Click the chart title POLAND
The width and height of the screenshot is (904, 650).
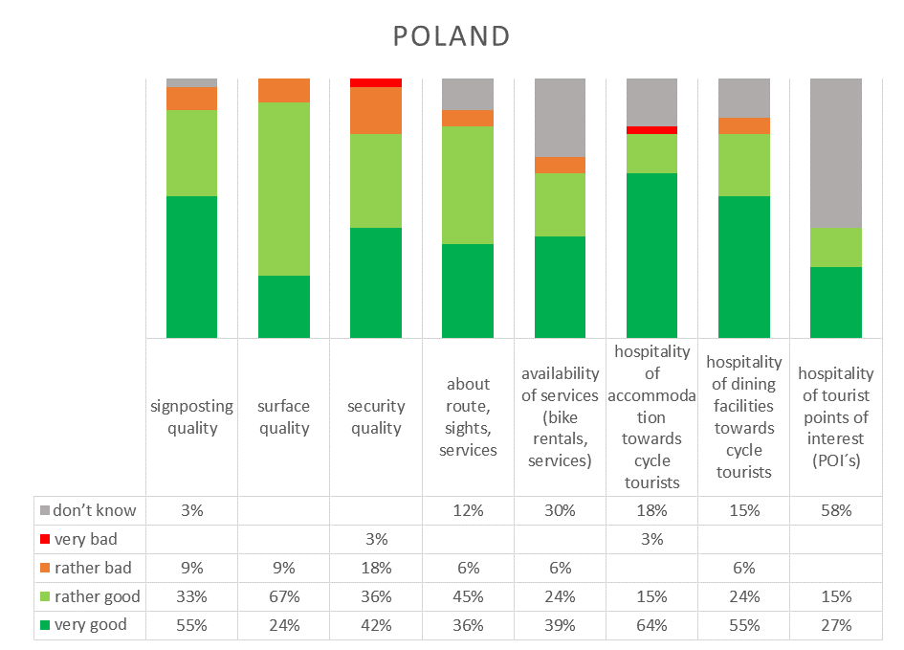[452, 36]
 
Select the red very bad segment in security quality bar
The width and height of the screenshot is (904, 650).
[376, 82]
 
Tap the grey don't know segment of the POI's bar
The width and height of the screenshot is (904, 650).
[836, 153]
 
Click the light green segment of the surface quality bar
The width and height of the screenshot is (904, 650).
[284, 189]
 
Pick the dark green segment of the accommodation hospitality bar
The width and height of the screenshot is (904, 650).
[652, 255]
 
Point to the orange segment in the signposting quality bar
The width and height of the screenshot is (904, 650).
[192, 99]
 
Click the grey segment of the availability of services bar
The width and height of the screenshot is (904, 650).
[560, 118]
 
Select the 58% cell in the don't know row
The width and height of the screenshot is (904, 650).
[836, 510]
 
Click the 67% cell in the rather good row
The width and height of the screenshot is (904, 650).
[284, 596]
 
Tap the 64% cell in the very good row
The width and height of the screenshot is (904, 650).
[652, 625]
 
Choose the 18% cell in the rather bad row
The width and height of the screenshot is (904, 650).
[377, 568]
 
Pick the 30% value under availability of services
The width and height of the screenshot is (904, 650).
[560, 510]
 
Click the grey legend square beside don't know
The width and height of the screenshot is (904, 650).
[45, 510]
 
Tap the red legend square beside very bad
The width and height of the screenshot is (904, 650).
[45, 539]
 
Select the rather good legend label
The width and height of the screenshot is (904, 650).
[98, 596]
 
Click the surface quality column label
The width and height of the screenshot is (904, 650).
[284, 416]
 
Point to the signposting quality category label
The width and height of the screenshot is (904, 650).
[192, 416]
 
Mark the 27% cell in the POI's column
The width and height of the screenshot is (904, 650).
[836, 625]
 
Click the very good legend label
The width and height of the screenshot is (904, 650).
[91, 624]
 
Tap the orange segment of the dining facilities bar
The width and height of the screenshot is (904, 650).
[744, 125]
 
